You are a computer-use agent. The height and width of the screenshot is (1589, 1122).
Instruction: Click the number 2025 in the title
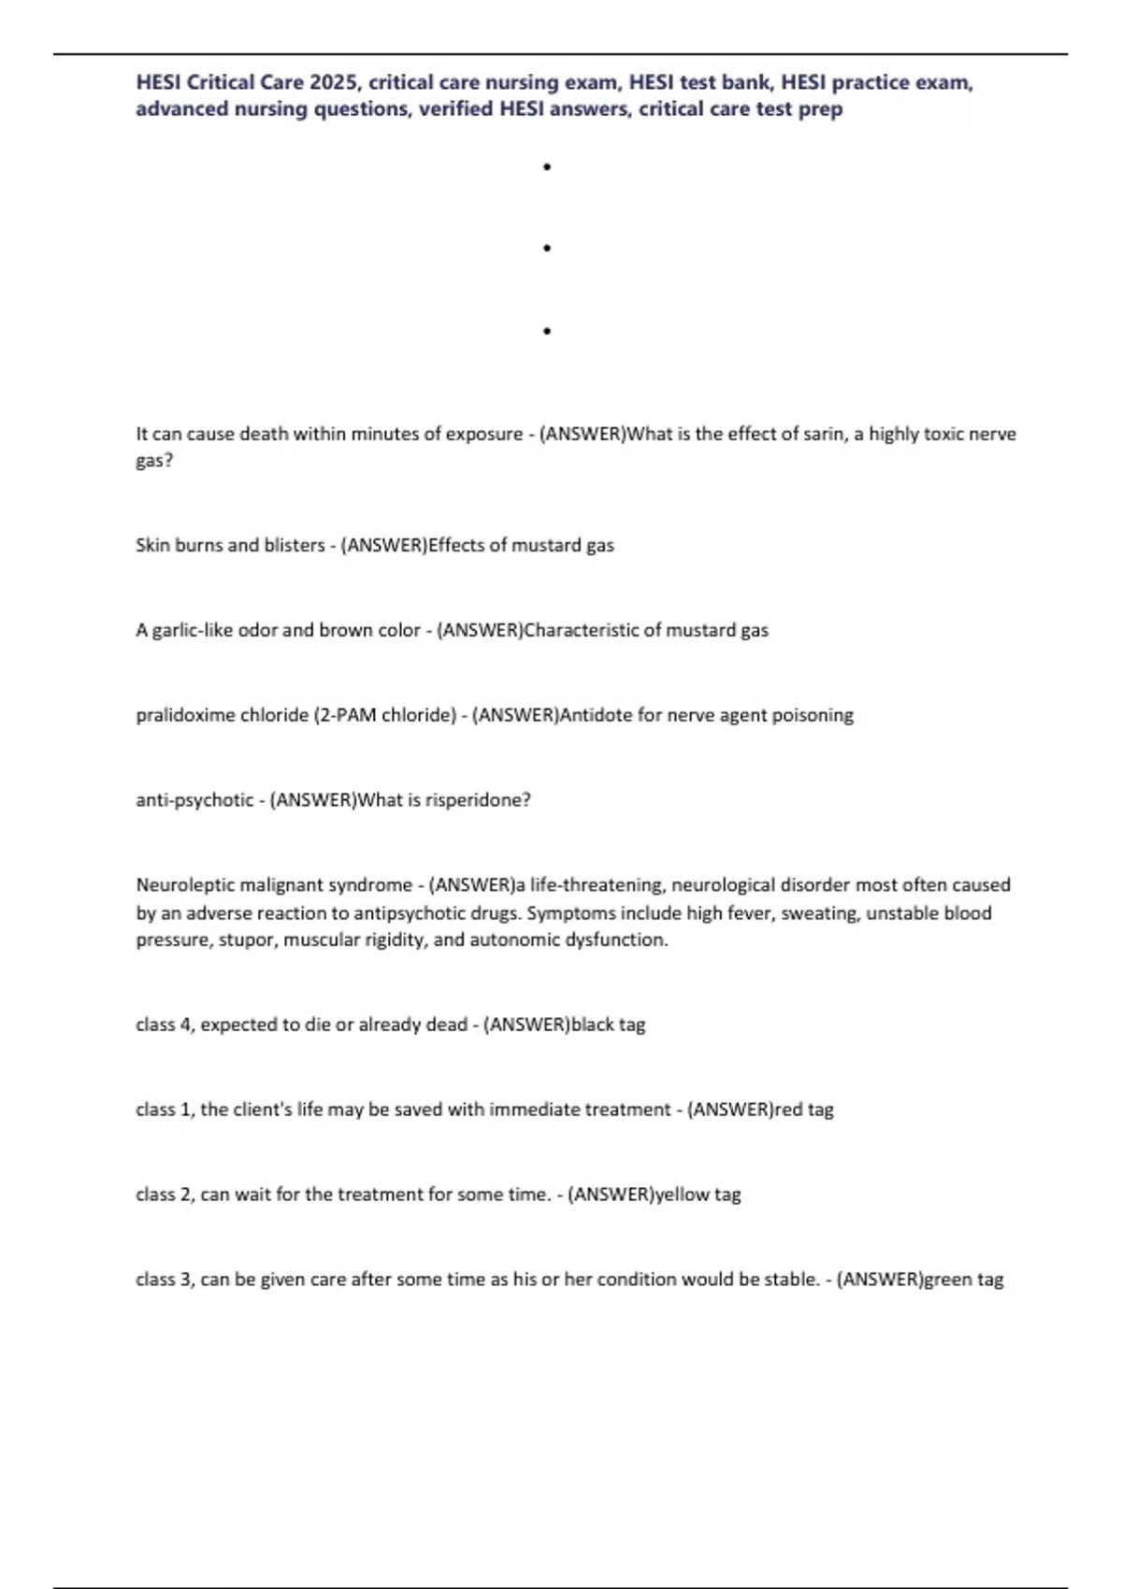(x=333, y=82)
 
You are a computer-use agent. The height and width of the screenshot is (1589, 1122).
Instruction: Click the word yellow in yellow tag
(x=683, y=1195)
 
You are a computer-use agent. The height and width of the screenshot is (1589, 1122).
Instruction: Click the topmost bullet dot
(x=546, y=167)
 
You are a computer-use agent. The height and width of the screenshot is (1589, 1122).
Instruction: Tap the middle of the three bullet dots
(x=546, y=249)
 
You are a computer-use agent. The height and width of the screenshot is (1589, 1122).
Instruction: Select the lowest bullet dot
(x=546, y=331)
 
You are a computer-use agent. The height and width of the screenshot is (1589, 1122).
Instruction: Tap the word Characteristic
(x=581, y=630)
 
